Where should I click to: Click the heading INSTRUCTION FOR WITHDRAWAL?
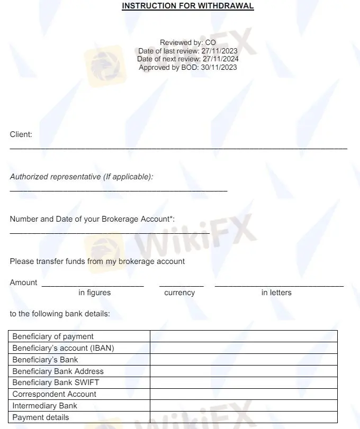click(188, 6)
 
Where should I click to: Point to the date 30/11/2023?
click(219, 67)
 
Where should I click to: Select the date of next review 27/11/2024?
click(219, 59)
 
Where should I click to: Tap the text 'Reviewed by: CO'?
click(188, 42)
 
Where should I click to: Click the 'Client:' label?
click(21, 134)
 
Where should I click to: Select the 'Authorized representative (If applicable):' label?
click(82, 177)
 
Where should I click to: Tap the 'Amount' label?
click(24, 282)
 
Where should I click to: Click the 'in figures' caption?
click(95, 293)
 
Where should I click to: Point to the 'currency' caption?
click(179, 293)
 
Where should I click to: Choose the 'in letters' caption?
click(276, 293)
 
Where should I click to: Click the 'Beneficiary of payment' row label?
click(53, 336)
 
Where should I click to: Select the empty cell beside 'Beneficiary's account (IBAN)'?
click(244, 348)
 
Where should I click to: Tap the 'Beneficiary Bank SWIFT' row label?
click(56, 382)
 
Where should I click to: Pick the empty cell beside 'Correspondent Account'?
click(244, 394)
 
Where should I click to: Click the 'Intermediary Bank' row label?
click(45, 406)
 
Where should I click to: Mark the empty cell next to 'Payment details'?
click(244, 417)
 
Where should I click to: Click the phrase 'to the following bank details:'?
click(60, 314)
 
